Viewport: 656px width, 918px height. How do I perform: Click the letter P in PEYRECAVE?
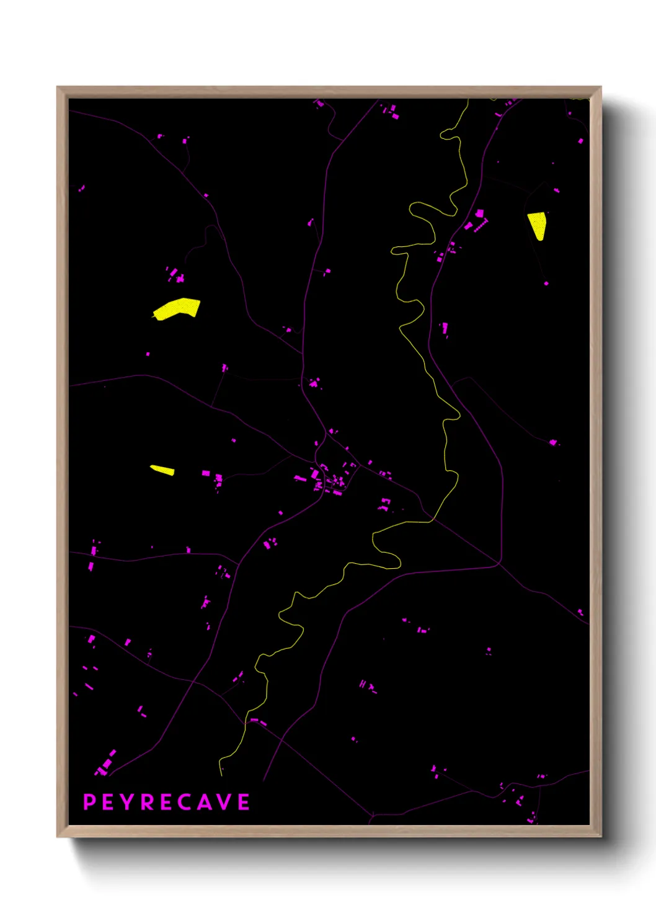pyautogui.click(x=89, y=802)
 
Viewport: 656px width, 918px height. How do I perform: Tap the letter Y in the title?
pyautogui.click(x=126, y=802)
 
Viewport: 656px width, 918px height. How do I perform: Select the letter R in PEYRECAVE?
pyautogui.click(x=148, y=802)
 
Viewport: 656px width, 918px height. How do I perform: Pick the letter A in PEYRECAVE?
pyautogui.click(x=205, y=802)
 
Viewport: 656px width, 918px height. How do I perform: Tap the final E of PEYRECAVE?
pyautogui.click(x=244, y=802)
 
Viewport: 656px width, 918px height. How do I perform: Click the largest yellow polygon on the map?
pyautogui.click(x=177, y=308)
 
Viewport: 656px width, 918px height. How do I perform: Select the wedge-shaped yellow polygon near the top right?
pyautogui.click(x=538, y=225)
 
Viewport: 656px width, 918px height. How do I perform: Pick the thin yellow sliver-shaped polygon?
pyautogui.click(x=162, y=470)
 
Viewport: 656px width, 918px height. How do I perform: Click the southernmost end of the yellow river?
pyautogui.click(x=221, y=774)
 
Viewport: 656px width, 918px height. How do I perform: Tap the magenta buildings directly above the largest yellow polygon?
pyautogui.click(x=175, y=275)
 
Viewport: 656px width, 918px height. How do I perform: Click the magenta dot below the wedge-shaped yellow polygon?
pyautogui.click(x=546, y=283)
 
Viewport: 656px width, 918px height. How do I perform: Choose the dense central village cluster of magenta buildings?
pyautogui.click(x=329, y=479)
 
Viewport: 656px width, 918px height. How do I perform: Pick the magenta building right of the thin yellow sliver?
pyautogui.click(x=206, y=473)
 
